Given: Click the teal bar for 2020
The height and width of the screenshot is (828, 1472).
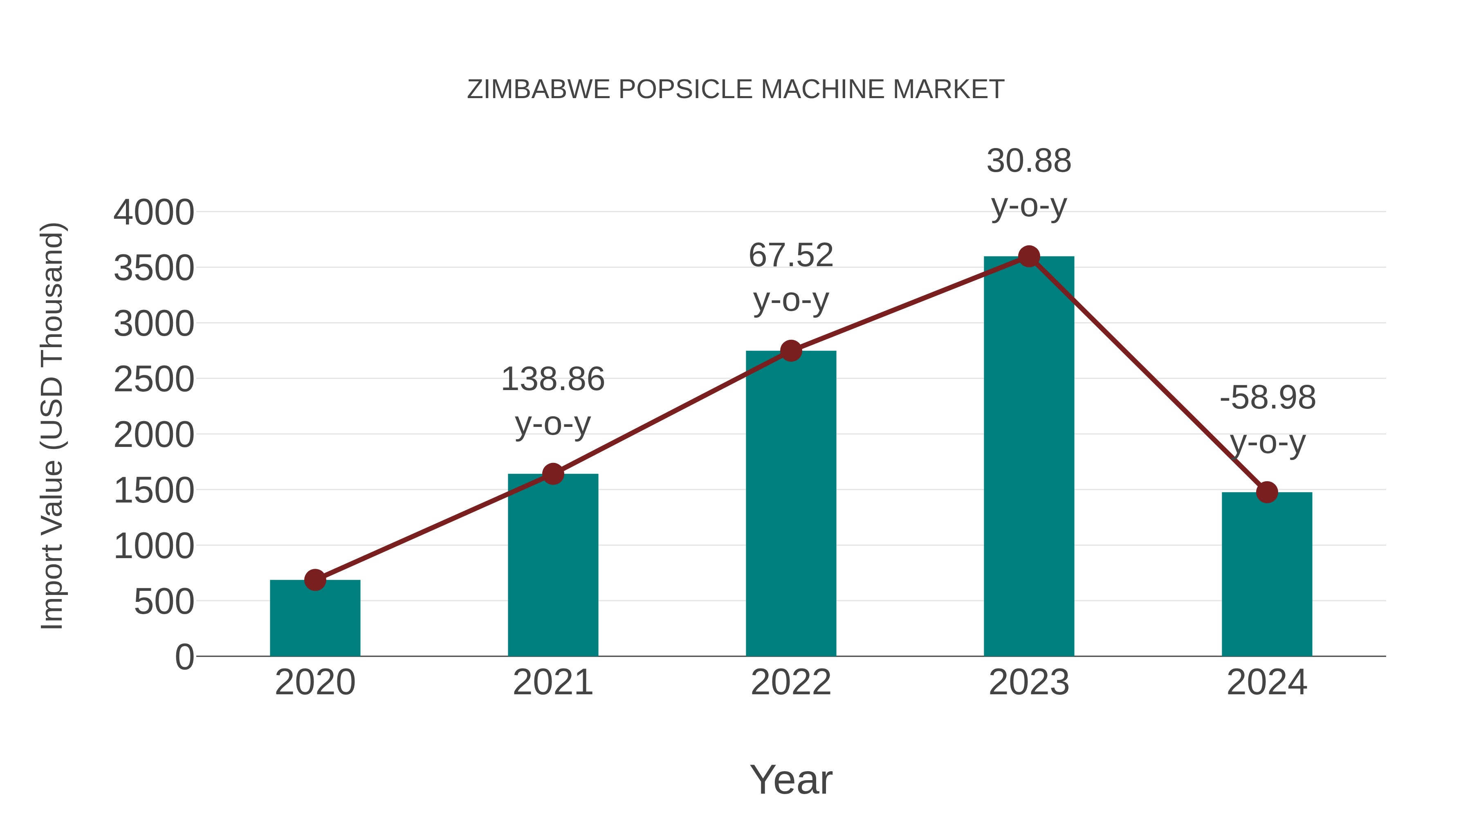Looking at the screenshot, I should click(x=315, y=620).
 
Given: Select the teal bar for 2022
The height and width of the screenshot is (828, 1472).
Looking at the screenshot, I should click(x=791, y=503).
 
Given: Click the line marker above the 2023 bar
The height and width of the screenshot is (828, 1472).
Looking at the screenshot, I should click(x=1029, y=256).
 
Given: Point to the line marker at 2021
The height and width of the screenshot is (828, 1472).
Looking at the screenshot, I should click(x=552, y=474).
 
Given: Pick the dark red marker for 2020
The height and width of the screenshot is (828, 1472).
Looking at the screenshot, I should click(x=315, y=580).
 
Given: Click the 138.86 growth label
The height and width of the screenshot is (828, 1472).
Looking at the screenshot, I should click(x=552, y=379).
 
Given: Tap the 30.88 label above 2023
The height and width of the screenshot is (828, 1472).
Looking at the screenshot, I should click(x=1029, y=161).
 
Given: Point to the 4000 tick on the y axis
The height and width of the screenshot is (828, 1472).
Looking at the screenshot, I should click(x=154, y=213).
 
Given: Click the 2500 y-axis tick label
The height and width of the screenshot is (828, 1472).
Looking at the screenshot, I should click(x=154, y=379).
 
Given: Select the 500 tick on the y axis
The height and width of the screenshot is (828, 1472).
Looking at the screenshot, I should click(x=164, y=602).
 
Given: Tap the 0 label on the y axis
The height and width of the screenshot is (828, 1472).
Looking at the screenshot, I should click(x=184, y=657).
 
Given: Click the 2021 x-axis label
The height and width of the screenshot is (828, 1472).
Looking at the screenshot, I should click(x=552, y=682).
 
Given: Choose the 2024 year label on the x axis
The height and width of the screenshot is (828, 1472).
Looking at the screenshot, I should click(x=1267, y=682).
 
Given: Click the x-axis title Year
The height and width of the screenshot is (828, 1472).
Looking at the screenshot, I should click(x=791, y=779).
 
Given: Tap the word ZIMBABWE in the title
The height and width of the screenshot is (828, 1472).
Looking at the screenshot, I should click(x=538, y=90).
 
